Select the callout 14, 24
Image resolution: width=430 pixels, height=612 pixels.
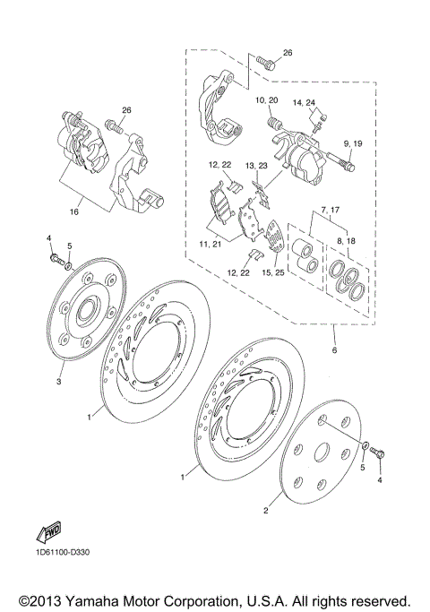coord(305,103)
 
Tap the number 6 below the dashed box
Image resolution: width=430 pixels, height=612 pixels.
coord(334,352)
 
